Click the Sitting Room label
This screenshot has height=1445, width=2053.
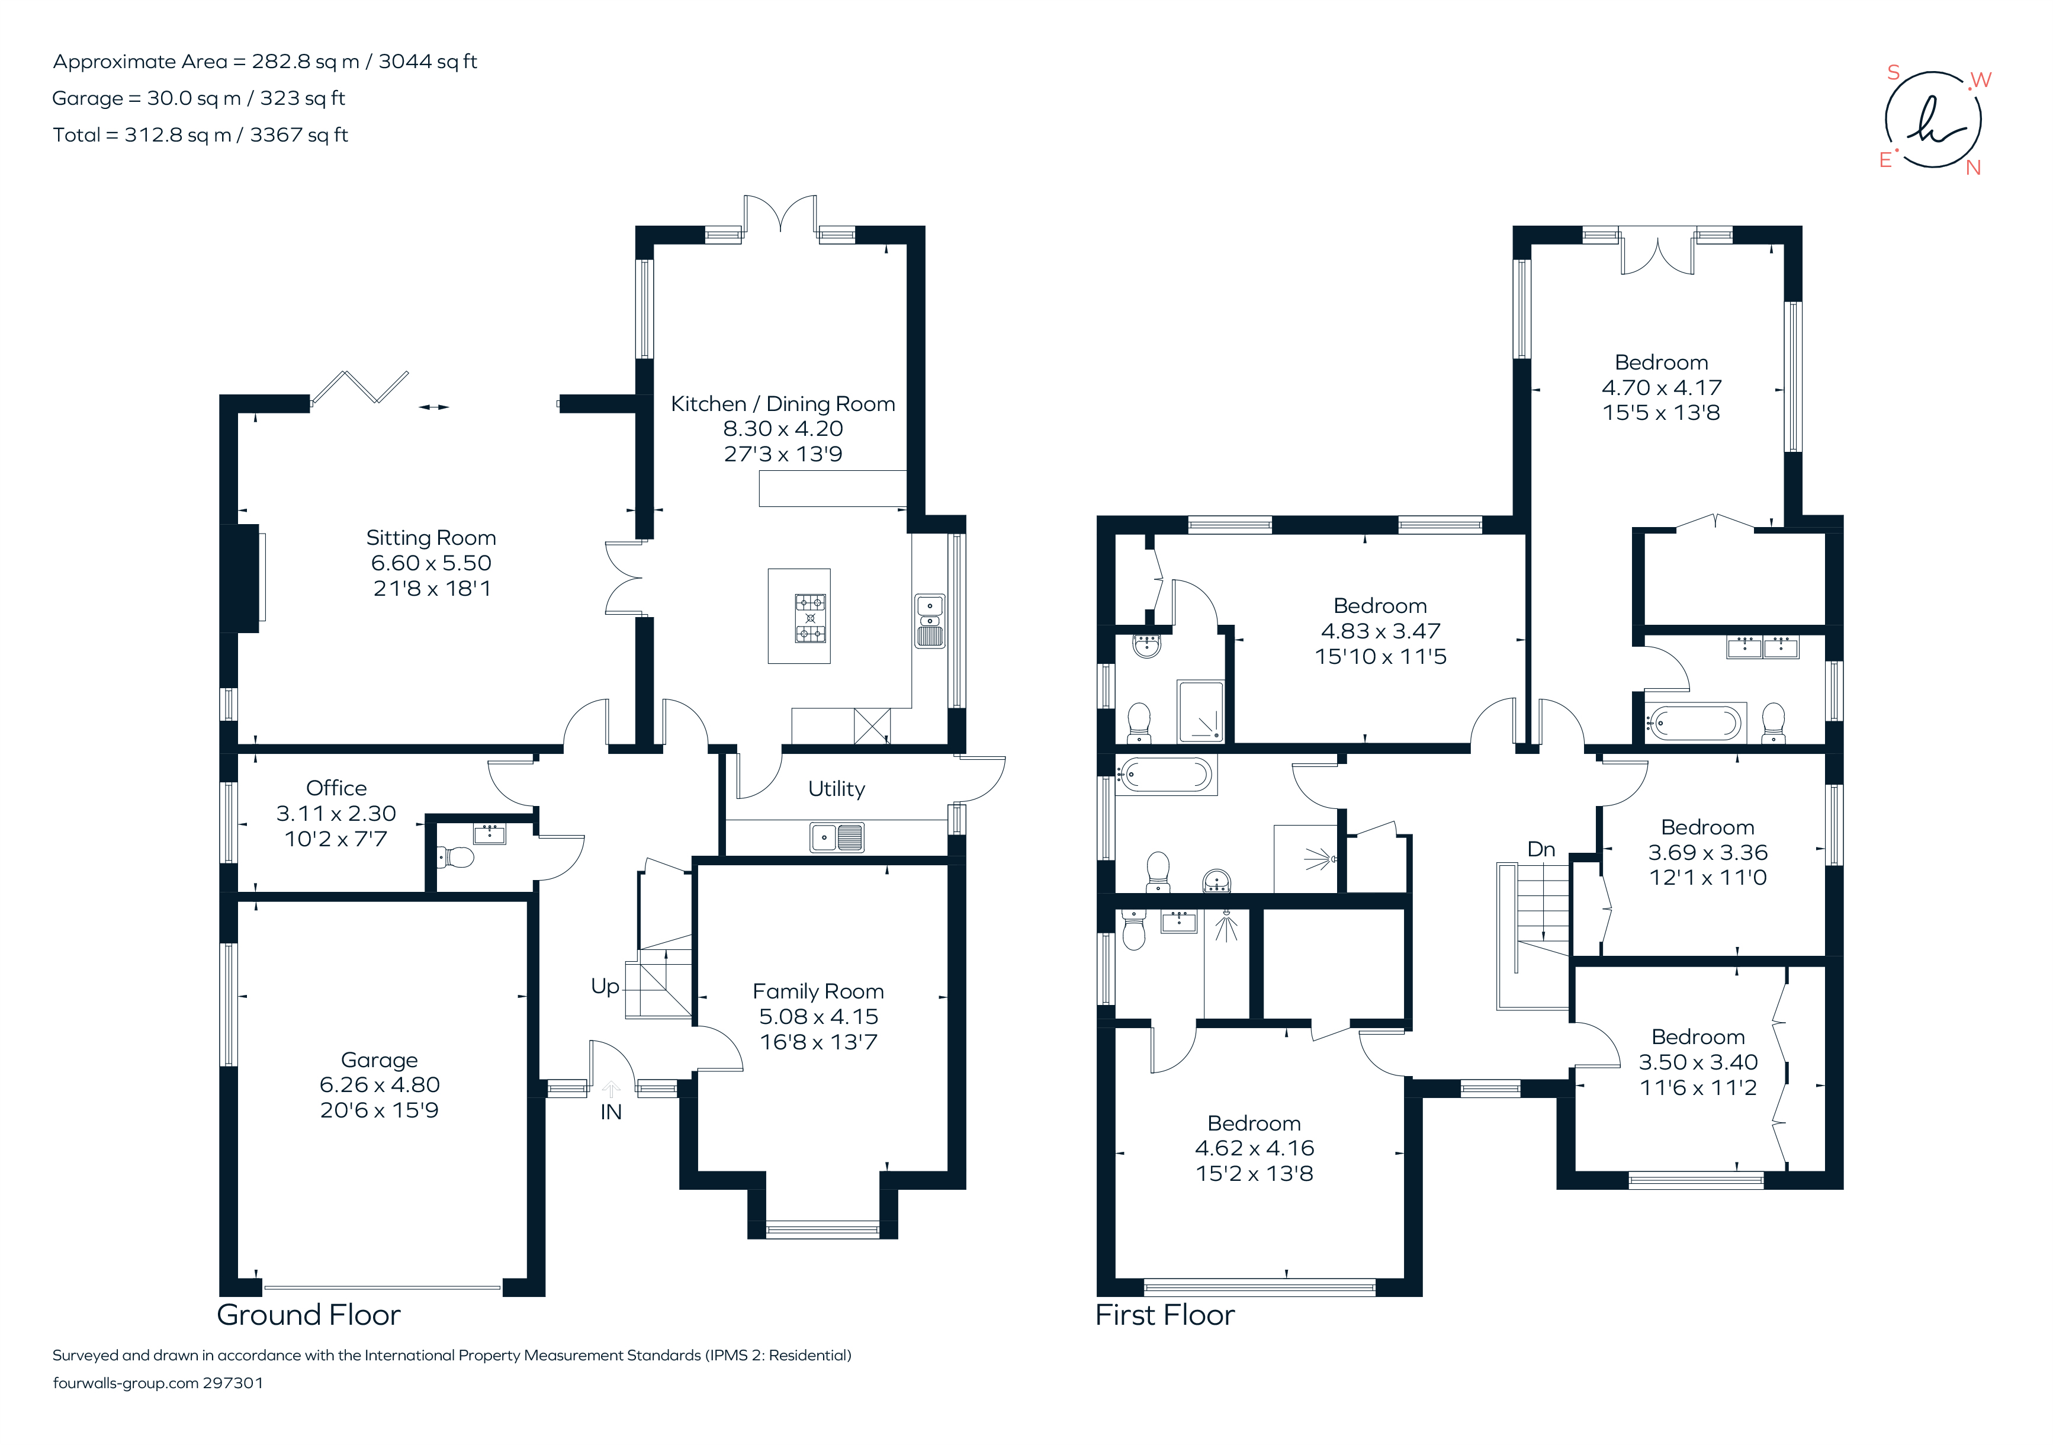(x=431, y=537)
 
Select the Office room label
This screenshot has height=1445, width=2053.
(x=336, y=788)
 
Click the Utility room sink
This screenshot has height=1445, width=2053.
(x=837, y=837)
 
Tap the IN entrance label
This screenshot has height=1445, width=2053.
(x=611, y=1112)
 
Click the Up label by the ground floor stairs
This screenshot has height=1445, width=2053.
(x=605, y=986)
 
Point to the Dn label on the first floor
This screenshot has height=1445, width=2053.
(x=1541, y=849)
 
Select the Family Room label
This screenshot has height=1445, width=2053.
(x=818, y=991)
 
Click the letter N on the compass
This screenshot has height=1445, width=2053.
(x=1974, y=167)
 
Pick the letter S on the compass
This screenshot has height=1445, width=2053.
(x=1893, y=72)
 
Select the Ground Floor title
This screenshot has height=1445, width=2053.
(x=309, y=1315)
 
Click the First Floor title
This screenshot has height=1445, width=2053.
(x=1165, y=1315)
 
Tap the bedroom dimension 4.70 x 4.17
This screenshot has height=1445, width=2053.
(x=1662, y=387)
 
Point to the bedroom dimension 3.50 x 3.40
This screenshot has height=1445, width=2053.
(x=1698, y=1062)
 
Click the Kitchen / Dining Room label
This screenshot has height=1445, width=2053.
(x=783, y=403)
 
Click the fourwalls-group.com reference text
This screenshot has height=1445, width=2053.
(x=158, y=1383)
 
